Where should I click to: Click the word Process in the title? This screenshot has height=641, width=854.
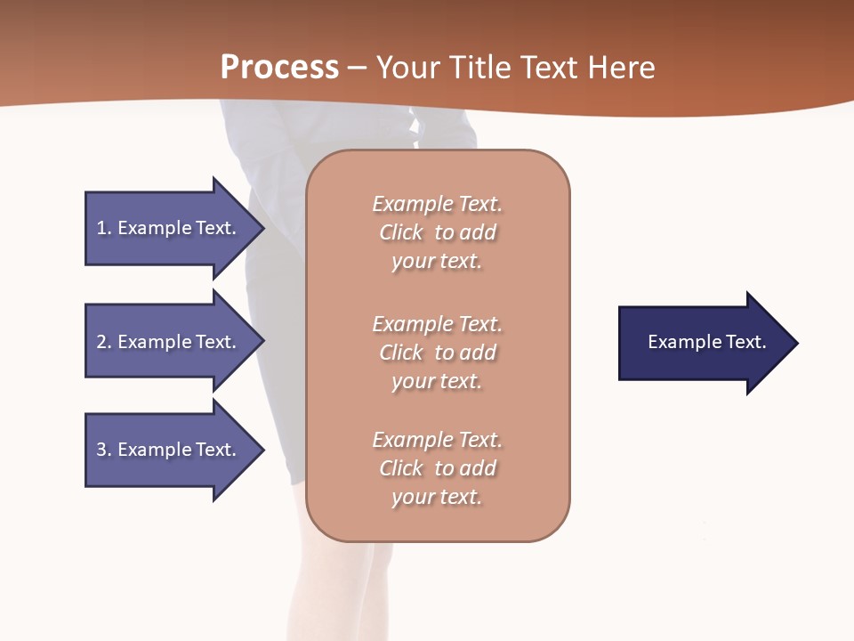click(x=279, y=68)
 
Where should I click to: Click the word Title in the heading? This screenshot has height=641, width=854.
click(x=479, y=68)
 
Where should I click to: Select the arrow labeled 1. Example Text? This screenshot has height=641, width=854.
click(x=169, y=228)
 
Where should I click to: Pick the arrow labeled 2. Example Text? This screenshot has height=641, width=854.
click(x=169, y=342)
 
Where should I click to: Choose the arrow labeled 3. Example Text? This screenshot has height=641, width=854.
click(x=169, y=450)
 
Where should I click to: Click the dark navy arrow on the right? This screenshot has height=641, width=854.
click(x=703, y=343)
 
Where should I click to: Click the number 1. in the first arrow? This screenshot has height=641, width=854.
click(x=104, y=228)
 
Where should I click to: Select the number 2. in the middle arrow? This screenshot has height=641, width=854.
click(x=104, y=342)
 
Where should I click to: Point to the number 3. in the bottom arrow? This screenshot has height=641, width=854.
click(x=104, y=450)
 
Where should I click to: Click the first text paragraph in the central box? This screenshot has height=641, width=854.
click(x=437, y=232)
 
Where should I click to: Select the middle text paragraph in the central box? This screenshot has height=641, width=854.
click(x=437, y=353)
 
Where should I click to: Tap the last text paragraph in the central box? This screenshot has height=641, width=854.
click(x=437, y=468)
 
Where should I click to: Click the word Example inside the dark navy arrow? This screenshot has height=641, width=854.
click(x=677, y=342)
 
